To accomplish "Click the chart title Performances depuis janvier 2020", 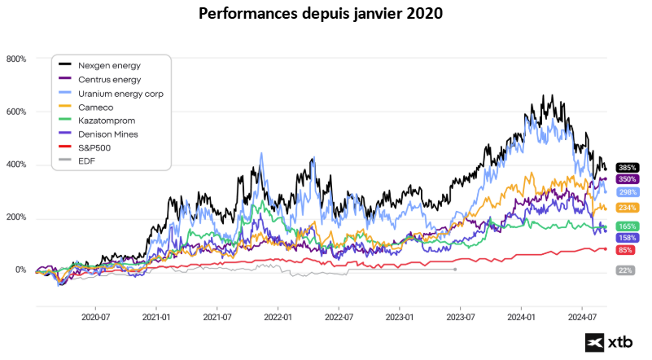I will [326, 14].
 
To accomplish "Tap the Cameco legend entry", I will [96, 107].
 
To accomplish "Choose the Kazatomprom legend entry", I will [106, 121].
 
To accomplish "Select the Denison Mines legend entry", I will [107, 134].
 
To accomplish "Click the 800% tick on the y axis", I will [16, 59].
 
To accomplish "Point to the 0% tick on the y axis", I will [19, 270].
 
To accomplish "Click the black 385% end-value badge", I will [627, 168].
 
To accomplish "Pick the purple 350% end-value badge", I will [627, 179].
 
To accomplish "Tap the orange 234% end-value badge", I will [627, 209].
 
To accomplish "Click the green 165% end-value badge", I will [627, 226].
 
